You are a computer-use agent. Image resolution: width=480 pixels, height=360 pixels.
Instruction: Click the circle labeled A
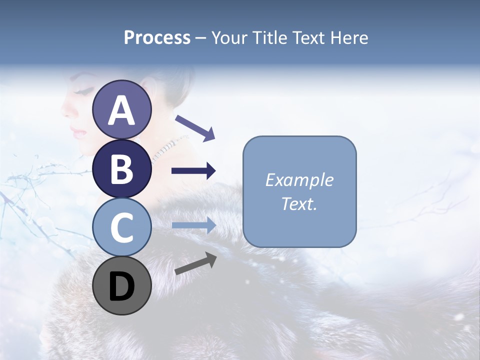point(121,110)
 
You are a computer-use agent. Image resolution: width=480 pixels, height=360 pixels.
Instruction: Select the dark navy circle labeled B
point(121,168)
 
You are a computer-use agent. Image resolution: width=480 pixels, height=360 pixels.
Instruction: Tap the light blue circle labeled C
point(121,227)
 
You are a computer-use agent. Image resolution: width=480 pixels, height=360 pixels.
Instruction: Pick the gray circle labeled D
point(121,285)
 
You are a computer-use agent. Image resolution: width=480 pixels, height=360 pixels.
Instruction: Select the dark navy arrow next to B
point(193,171)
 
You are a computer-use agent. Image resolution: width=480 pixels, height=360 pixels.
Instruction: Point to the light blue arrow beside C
point(193,225)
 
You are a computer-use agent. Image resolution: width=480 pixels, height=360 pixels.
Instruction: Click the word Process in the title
point(157,38)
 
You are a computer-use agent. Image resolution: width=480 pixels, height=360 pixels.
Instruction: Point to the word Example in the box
point(299,180)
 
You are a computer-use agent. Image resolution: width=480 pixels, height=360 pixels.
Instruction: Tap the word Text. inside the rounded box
point(299,204)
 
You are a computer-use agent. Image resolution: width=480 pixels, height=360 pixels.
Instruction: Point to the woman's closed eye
point(84,91)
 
